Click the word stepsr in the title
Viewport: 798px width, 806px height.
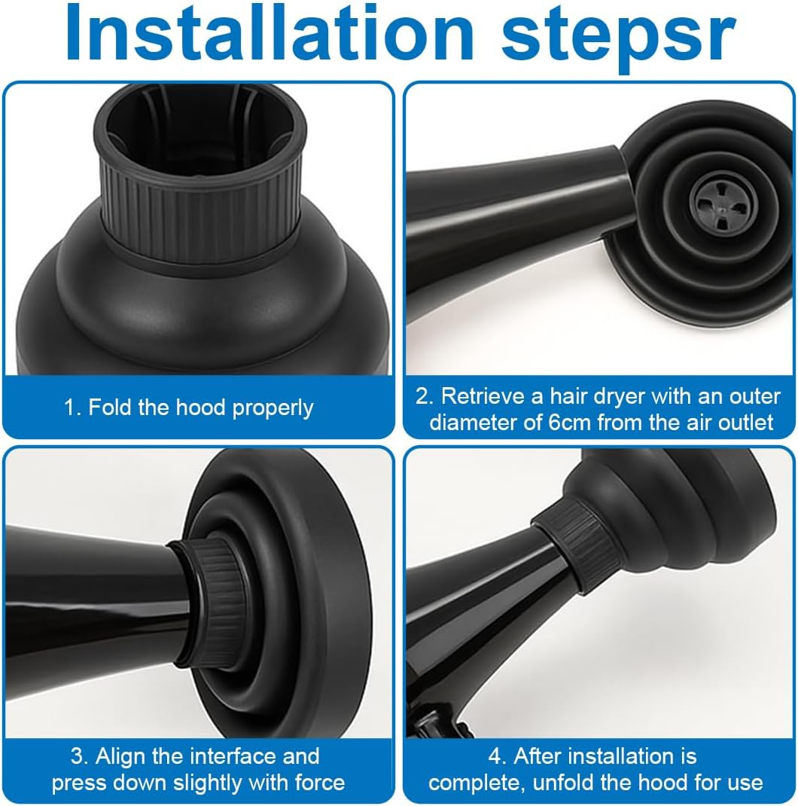click(619, 38)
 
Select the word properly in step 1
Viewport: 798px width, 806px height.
click(273, 409)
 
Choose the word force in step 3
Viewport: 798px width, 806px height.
click(320, 783)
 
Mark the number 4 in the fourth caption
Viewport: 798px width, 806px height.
click(495, 756)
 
